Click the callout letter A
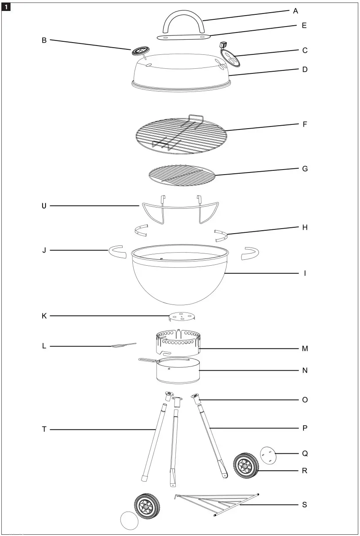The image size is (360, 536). (x=296, y=11)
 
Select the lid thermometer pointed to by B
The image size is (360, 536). (x=138, y=51)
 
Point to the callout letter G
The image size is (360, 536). (x=305, y=169)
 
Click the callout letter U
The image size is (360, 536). (x=44, y=206)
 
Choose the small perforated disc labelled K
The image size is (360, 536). (x=182, y=316)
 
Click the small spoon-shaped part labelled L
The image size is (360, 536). (x=123, y=345)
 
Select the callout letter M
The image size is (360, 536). (x=305, y=349)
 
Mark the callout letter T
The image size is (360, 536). (x=44, y=429)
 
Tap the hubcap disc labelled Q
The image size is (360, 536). (x=268, y=455)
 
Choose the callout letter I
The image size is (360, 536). (x=305, y=273)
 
